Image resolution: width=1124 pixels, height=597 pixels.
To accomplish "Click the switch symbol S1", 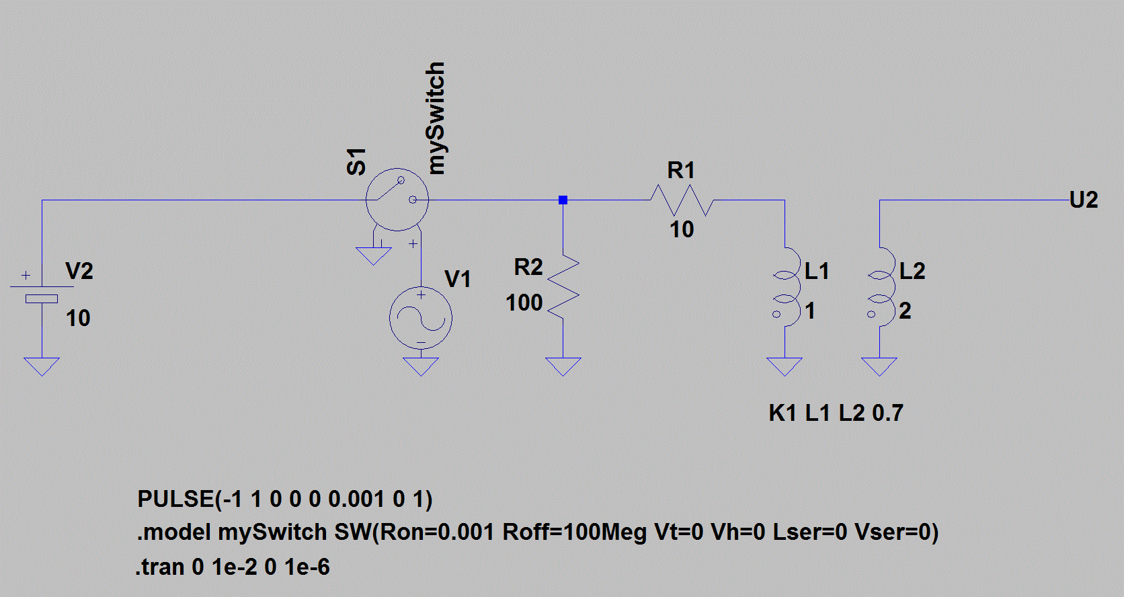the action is point(397,200).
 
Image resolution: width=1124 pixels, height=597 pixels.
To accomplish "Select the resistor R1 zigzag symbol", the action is point(682,200).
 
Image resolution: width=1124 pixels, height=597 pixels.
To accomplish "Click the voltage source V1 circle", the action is point(421,317).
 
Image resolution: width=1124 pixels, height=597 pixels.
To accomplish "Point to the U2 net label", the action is point(1084,200).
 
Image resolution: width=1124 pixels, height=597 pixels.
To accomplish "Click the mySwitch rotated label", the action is point(435,118).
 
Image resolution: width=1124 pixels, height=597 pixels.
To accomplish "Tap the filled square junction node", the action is point(563,200).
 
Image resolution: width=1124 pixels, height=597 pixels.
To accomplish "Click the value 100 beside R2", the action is point(524,303).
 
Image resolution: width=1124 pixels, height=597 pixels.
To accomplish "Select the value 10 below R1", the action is point(682,230).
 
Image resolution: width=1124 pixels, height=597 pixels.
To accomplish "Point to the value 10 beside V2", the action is point(78,319).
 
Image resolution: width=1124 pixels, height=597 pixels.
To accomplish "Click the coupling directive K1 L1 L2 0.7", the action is point(836,413).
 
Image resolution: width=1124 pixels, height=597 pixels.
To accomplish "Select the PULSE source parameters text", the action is point(284,500).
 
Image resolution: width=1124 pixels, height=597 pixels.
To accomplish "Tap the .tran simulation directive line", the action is point(233,567).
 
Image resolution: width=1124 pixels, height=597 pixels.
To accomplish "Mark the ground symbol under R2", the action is point(563,366).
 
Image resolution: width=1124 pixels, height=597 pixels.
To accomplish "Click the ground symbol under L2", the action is point(879,366).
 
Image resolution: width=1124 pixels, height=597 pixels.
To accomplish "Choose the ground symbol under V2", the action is point(42,366).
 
